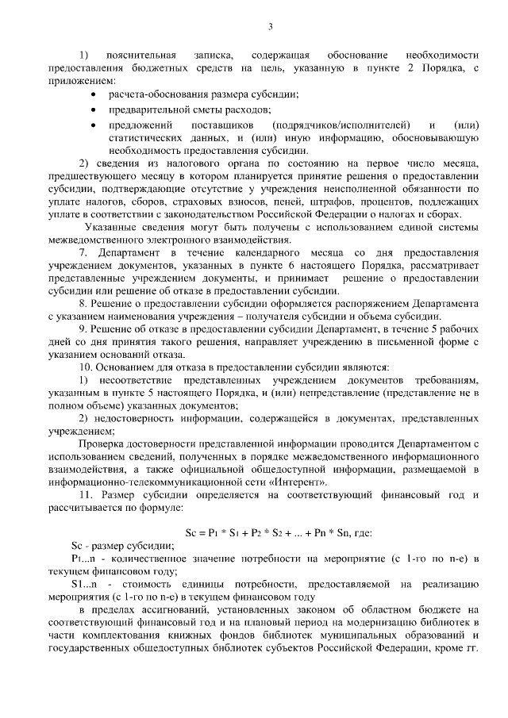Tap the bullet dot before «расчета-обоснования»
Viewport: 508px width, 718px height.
[x=94, y=95]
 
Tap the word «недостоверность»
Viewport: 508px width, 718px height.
[x=137, y=418]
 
